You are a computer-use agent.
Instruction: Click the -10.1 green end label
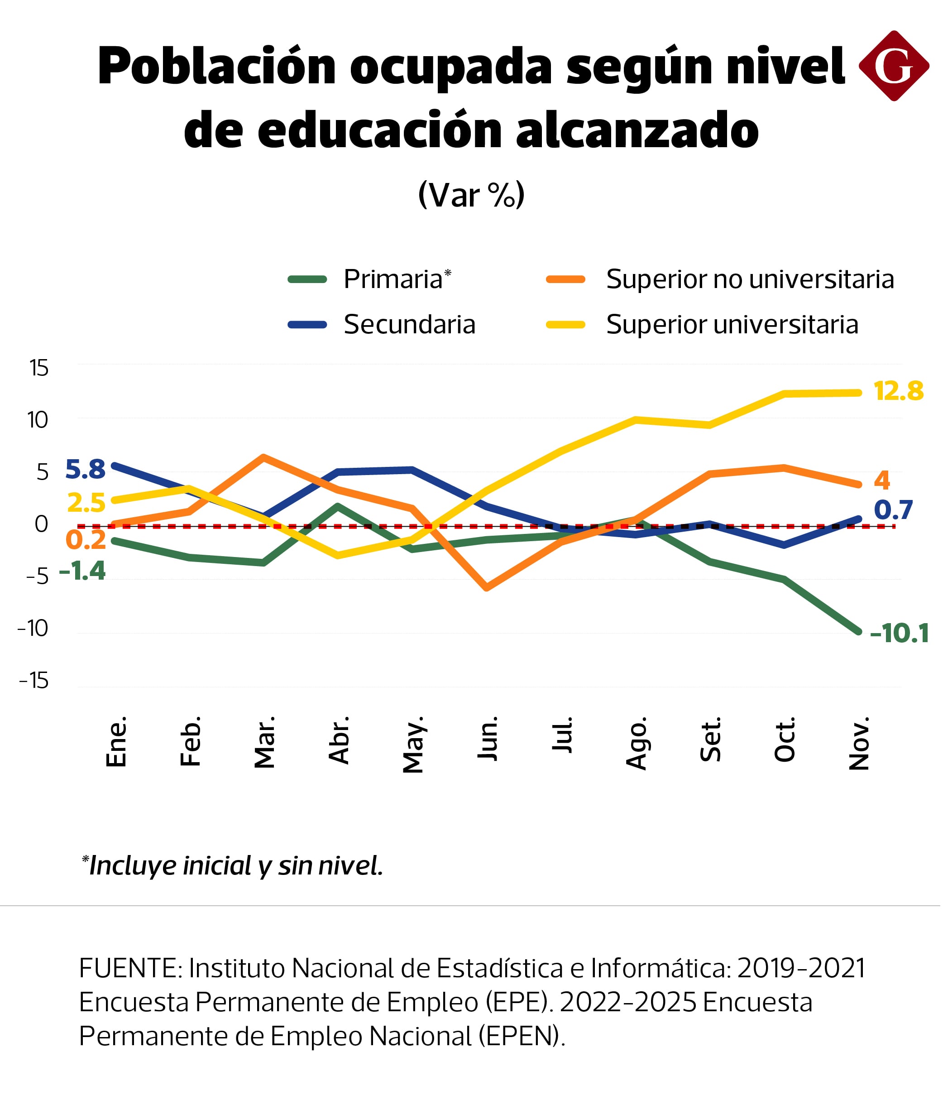[899, 634]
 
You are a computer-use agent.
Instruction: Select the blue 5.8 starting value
[86, 469]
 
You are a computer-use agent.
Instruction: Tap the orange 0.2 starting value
[86, 540]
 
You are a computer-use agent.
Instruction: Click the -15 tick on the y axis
[34, 681]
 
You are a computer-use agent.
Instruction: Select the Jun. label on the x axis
[487, 739]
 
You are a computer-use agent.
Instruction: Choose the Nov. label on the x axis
[859, 743]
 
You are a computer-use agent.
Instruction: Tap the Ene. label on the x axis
[116, 742]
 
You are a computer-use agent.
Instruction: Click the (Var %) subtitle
[471, 195]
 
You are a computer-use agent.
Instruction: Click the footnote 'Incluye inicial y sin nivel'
[234, 865]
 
